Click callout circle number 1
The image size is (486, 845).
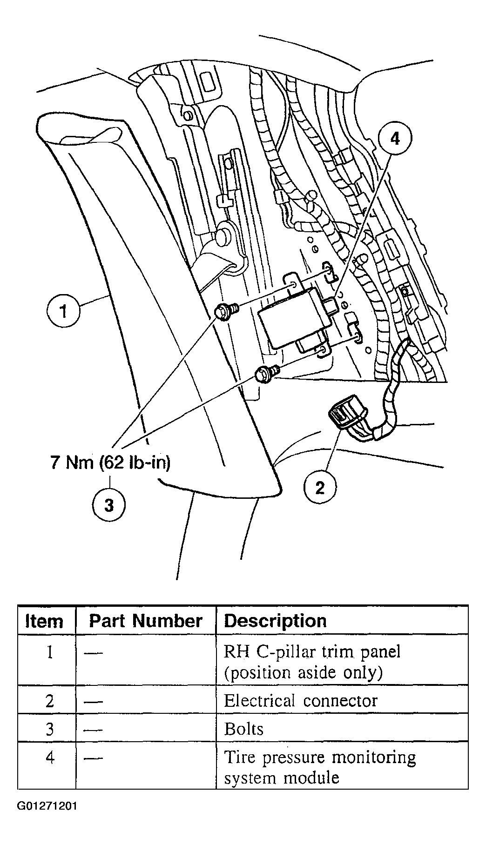[x=64, y=311]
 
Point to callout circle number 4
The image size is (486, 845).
[x=395, y=138]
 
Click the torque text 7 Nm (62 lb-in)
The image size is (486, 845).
[x=110, y=463]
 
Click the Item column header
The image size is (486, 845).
[x=44, y=621]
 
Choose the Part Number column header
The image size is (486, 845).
[x=146, y=621]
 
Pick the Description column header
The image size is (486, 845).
[x=275, y=621]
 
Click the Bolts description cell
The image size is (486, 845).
[x=244, y=728]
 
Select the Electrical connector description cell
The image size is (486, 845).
[x=301, y=700]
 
